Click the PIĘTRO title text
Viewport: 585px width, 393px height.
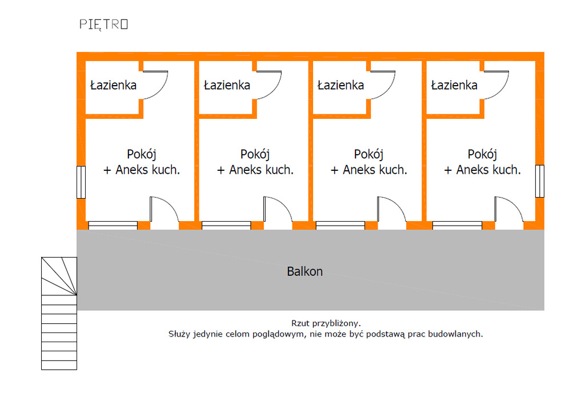point(103,24)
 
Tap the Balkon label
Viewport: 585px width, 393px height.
point(304,271)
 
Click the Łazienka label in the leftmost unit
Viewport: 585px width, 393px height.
point(114,86)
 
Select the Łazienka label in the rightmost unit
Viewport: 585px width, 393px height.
point(454,86)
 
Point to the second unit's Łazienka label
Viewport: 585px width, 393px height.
point(227,86)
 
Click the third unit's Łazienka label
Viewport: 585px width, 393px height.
point(340,86)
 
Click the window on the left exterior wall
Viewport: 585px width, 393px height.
point(81,182)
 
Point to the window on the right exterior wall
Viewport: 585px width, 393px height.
point(539,181)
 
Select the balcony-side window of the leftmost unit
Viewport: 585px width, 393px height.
point(113,225)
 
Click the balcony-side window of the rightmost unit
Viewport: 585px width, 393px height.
point(457,225)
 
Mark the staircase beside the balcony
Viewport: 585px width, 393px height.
point(59,313)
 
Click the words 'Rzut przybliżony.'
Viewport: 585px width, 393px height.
point(326,323)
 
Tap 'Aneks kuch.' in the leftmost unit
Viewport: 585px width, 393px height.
point(148,170)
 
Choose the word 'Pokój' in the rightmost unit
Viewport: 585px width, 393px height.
point(482,154)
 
